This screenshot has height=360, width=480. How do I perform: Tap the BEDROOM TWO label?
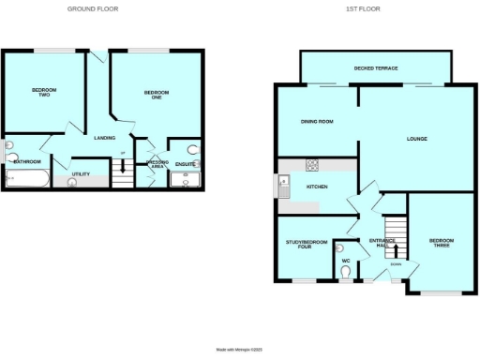(44, 92)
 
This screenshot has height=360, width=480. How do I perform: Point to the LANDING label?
(105, 138)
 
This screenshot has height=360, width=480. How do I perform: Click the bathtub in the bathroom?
(27, 178)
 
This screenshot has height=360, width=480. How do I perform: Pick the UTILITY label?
(81, 174)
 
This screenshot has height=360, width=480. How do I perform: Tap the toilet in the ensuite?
(191, 150)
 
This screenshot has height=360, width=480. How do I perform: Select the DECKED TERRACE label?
(375, 68)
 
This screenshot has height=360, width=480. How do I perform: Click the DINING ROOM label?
(317, 123)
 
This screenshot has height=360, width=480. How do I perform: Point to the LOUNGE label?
(417, 139)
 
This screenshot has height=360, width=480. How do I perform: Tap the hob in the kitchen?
(312, 165)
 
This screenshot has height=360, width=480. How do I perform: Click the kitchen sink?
(283, 187)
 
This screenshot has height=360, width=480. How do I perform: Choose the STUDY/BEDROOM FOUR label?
(307, 245)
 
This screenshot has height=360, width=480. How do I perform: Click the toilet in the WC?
(346, 272)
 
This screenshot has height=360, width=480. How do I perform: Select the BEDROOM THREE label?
(441, 243)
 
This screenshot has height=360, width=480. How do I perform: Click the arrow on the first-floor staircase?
(395, 249)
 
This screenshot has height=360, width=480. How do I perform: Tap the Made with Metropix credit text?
(240, 349)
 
